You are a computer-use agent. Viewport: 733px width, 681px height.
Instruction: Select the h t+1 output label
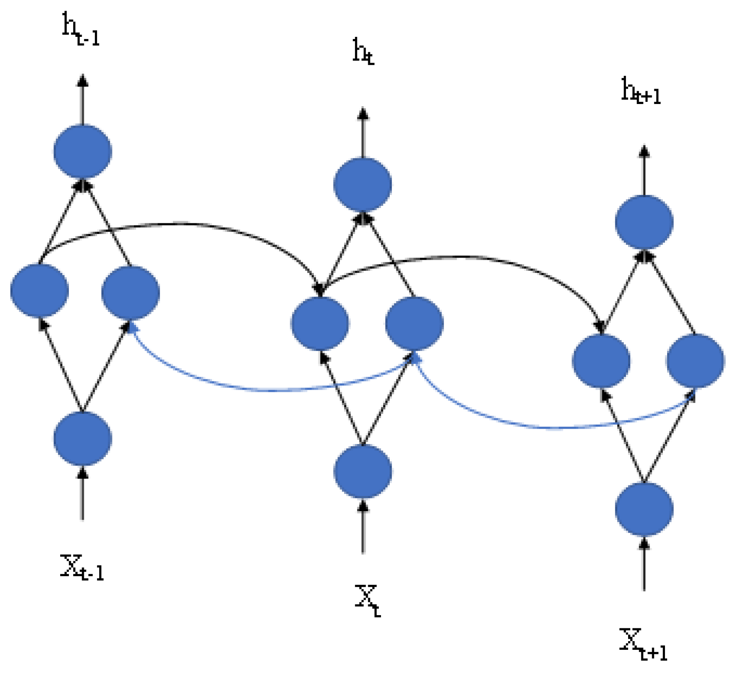click(x=641, y=91)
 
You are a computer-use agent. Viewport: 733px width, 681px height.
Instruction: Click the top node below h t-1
click(x=83, y=152)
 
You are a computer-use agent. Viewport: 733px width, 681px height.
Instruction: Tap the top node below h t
click(x=363, y=184)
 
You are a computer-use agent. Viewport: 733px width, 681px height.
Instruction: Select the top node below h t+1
click(x=644, y=222)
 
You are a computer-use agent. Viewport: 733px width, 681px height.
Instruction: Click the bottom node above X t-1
click(x=83, y=438)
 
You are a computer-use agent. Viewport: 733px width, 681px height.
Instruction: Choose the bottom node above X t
click(x=363, y=471)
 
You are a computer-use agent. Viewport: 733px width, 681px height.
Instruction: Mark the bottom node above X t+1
click(x=644, y=509)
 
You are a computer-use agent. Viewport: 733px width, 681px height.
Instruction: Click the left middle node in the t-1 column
click(x=40, y=290)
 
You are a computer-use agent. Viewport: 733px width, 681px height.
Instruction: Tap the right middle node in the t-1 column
click(x=130, y=293)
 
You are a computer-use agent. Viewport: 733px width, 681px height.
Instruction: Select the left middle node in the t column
click(x=320, y=323)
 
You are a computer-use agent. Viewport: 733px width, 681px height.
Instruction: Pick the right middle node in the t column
click(x=414, y=323)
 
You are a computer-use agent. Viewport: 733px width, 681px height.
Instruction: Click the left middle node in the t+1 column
click(x=601, y=361)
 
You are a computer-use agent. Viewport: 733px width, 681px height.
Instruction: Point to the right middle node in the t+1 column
click(x=695, y=361)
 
